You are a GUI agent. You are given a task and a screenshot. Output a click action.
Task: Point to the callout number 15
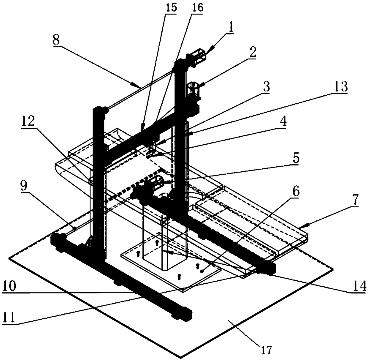pyautogui.click(x=171, y=7)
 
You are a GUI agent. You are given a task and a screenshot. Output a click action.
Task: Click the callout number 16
pyautogui.click(x=198, y=7)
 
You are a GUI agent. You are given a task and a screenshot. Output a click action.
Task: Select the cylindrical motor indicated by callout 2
pyautogui.click(x=193, y=89)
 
